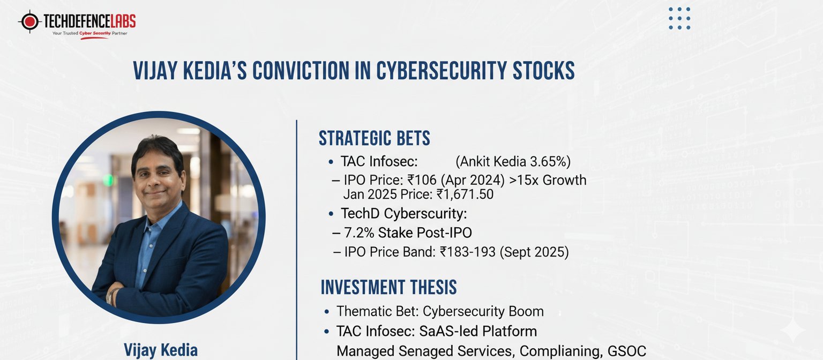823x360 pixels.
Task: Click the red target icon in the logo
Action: tap(30, 21)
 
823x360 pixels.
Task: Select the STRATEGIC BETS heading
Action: tap(374, 139)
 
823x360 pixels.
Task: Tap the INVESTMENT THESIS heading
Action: tap(388, 287)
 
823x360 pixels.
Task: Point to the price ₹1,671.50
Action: tap(465, 194)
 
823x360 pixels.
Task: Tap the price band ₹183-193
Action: tap(468, 252)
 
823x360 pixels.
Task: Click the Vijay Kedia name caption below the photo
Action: tap(161, 350)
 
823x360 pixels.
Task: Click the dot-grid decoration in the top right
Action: tap(679, 18)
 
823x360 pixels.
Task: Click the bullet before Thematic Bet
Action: tap(327, 312)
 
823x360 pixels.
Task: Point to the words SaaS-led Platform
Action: tap(478, 332)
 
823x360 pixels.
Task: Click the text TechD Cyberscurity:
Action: tap(404, 213)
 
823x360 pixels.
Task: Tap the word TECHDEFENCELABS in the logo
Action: tap(89, 21)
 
